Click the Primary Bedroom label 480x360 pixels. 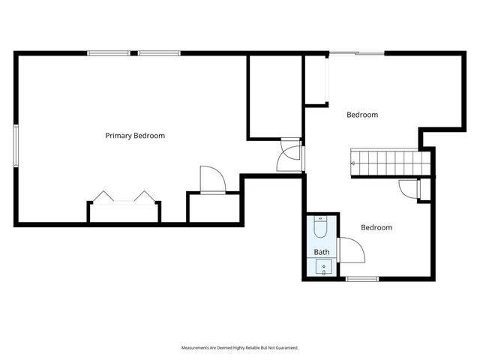tap(135, 136)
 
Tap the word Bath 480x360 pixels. tap(322, 252)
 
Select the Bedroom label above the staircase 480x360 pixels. tap(361, 115)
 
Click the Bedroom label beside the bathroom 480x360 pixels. tap(376, 227)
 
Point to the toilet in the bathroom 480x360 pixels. tap(320, 227)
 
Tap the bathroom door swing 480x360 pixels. tap(351, 250)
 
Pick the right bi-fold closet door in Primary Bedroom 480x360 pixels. tap(143, 197)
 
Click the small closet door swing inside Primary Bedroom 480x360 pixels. tap(212, 181)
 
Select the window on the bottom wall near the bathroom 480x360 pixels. tap(361, 279)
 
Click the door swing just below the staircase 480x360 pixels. tap(409, 189)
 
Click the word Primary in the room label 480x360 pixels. tap(118, 136)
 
